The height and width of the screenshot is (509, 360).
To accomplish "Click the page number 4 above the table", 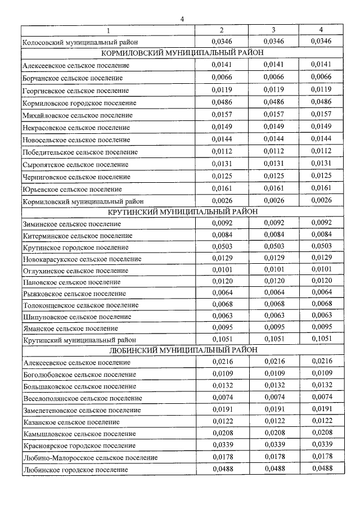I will click(182, 19).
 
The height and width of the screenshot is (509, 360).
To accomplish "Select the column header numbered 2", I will click(221, 29).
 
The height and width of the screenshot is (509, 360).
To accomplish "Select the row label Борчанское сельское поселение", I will click(73, 78).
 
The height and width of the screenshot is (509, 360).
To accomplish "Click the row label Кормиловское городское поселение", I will click(79, 102).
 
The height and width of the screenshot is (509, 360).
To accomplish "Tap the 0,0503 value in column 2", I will click(221, 245).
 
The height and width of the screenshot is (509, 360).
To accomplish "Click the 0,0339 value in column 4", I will click(321, 445).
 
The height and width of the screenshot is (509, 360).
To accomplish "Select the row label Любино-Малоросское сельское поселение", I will click(90, 457).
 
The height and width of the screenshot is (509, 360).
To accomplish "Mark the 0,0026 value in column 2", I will click(221, 200).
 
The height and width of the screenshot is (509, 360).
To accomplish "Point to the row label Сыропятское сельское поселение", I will click(75, 164).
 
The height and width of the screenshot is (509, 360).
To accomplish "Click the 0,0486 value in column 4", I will click(321, 102).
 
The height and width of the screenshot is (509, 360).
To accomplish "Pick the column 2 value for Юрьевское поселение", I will click(221, 188).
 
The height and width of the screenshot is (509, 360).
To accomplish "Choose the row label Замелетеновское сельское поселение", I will click(82, 410).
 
